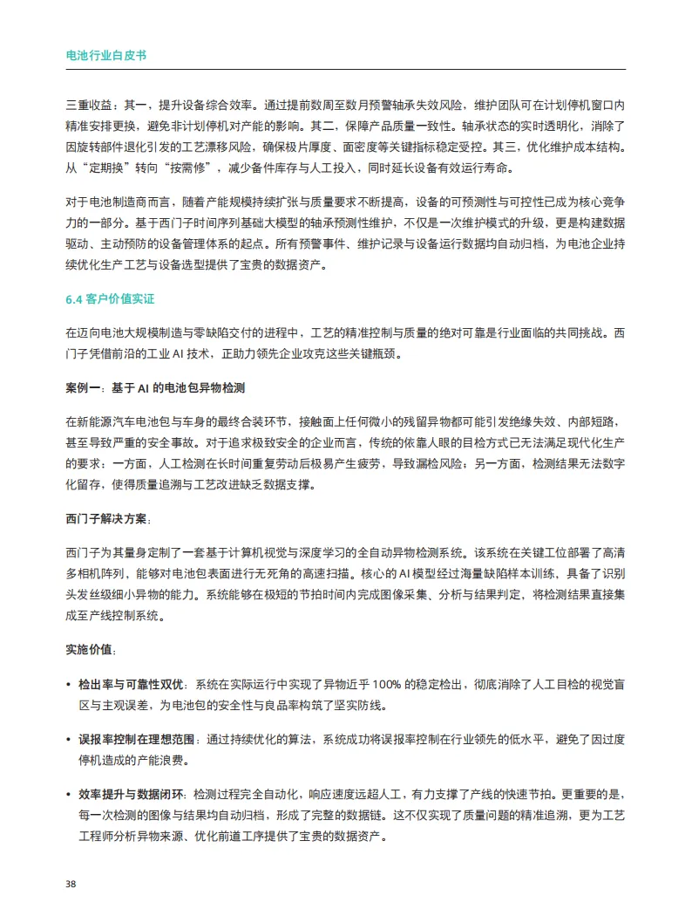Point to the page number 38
pos(71,883)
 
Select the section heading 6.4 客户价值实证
pos(110,298)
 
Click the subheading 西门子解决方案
pos(106,519)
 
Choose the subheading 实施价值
pos(89,651)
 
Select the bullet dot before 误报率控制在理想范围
pos(69,740)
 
